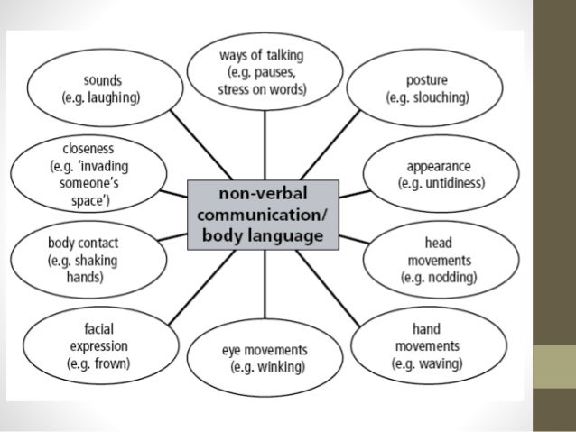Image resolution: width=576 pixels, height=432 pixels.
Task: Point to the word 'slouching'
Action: click(x=440, y=97)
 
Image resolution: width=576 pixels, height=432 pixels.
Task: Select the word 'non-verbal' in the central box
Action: click(x=264, y=197)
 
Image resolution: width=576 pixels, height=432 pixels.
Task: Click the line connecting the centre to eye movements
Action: click(x=264, y=289)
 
